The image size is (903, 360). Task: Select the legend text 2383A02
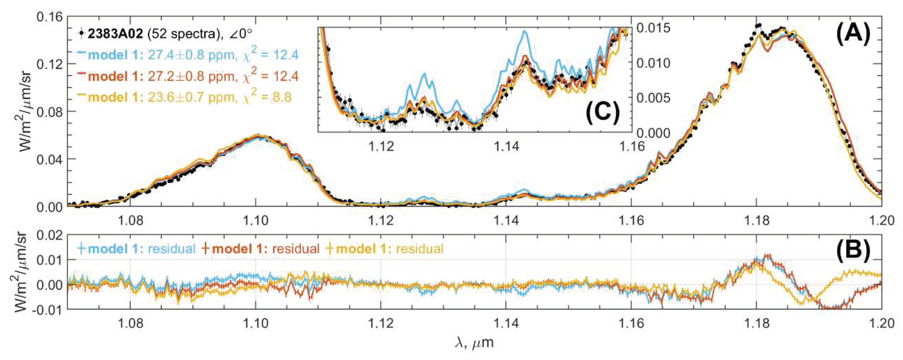click(x=115, y=34)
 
